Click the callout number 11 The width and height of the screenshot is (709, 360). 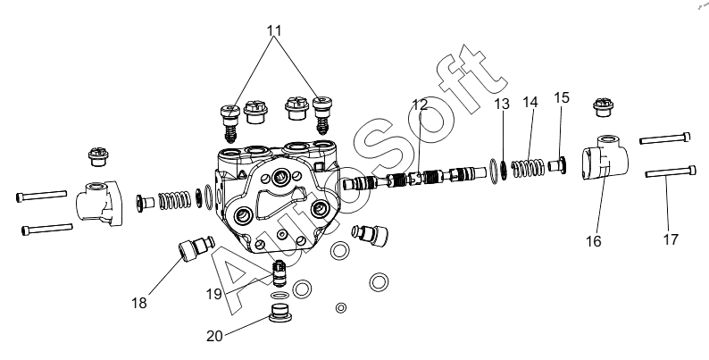(x=274, y=30)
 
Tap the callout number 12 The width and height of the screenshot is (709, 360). (x=421, y=105)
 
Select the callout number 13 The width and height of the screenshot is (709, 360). (x=503, y=104)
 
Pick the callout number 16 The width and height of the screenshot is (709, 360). (x=594, y=241)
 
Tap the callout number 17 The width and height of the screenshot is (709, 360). (x=671, y=239)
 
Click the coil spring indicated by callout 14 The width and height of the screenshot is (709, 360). (x=531, y=168)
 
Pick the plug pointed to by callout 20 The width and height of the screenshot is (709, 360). (x=282, y=315)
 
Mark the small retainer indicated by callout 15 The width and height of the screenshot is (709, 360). (x=562, y=163)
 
